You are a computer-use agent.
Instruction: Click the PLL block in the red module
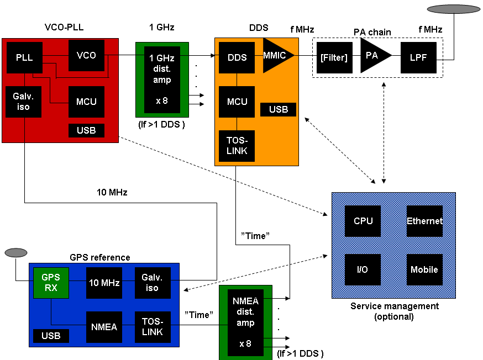click(24, 57)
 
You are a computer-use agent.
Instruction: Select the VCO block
click(86, 55)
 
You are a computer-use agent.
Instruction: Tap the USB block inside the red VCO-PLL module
click(86, 130)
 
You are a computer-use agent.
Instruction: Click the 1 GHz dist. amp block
click(162, 80)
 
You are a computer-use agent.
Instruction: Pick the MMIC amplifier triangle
click(276, 55)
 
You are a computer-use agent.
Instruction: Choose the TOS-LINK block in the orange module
click(237, 146)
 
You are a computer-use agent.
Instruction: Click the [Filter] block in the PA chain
click(334, 57)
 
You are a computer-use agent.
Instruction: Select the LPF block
click(418, 57)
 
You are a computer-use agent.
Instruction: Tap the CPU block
click(363, 221)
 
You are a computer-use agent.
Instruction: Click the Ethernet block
click(424, 221)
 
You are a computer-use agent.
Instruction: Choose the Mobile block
click(424, 269)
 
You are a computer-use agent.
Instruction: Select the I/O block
click(363, 269)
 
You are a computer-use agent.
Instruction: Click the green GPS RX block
click(51, 283)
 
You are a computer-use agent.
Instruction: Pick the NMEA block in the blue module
click(104, 327)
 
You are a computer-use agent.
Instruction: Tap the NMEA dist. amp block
click(245, 322)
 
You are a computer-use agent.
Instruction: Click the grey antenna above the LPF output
click(453, 9)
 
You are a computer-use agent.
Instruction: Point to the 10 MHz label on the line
click(112, 192)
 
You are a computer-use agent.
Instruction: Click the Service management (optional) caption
click(394, 311)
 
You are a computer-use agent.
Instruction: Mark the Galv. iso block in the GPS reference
click(153, 283)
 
